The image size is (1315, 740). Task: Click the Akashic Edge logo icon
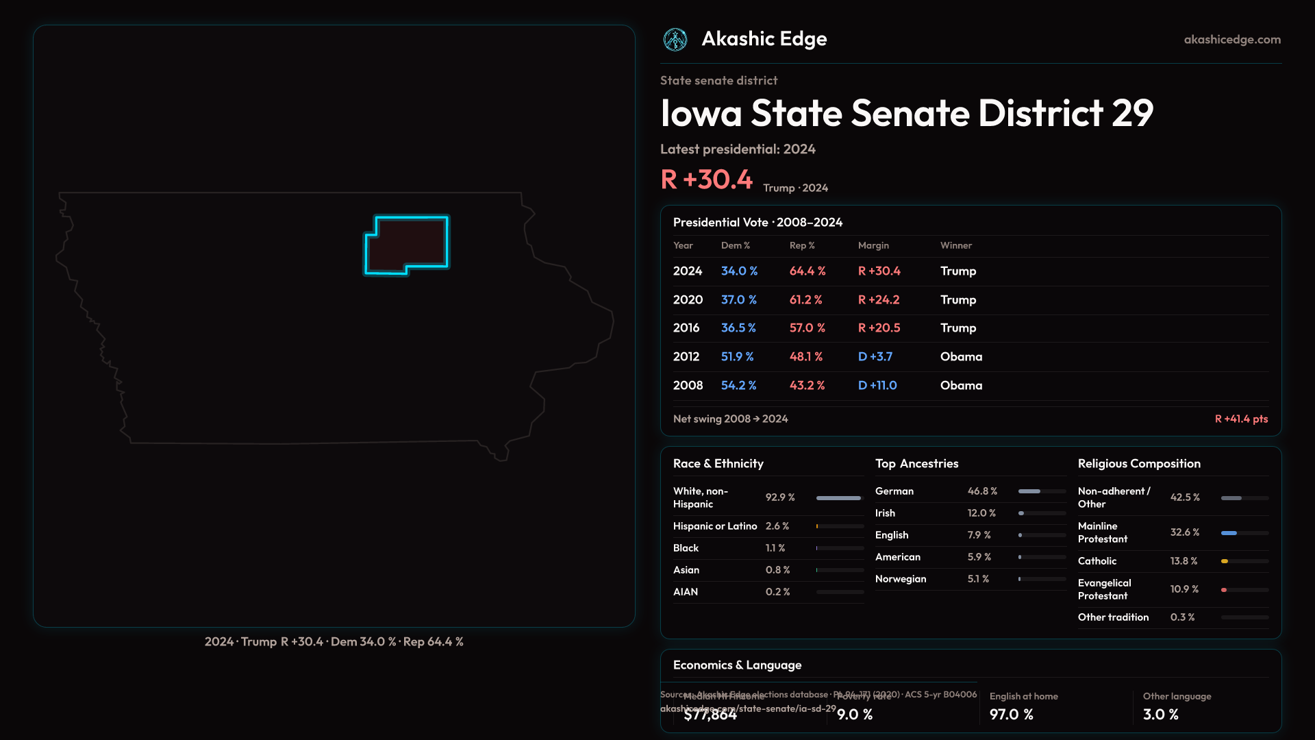pos(675,40)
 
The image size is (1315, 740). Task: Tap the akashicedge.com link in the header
pos(1232,40)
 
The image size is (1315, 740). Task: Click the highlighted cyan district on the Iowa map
pos(406,244)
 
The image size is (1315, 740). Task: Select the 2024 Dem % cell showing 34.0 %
pos(739,271)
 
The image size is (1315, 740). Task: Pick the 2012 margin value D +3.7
pos(875,357)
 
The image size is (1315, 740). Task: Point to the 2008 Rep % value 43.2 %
pos(807,386)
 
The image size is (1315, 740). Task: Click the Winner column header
pos(955,245)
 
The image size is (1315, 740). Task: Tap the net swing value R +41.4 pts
pos(1241,419)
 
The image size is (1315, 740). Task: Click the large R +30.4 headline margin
pos(706,180)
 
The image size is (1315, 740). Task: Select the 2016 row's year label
pos(686,328)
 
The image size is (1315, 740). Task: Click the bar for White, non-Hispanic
pos(838,498)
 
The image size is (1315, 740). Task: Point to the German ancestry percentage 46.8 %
pos(982,491)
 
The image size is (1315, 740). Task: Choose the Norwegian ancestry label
pos(900,579)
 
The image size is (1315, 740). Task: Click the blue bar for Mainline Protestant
pos(1229,533)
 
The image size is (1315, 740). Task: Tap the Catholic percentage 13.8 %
pos(1183,561)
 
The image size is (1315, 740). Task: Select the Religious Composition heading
pos(1138,464)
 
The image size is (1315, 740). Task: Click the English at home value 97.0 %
pos(1011,715)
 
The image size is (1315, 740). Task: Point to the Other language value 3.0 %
pos(1160,715)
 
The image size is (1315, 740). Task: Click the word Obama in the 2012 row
pos(961,357)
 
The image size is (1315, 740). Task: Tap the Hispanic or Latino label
pos(714,526)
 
